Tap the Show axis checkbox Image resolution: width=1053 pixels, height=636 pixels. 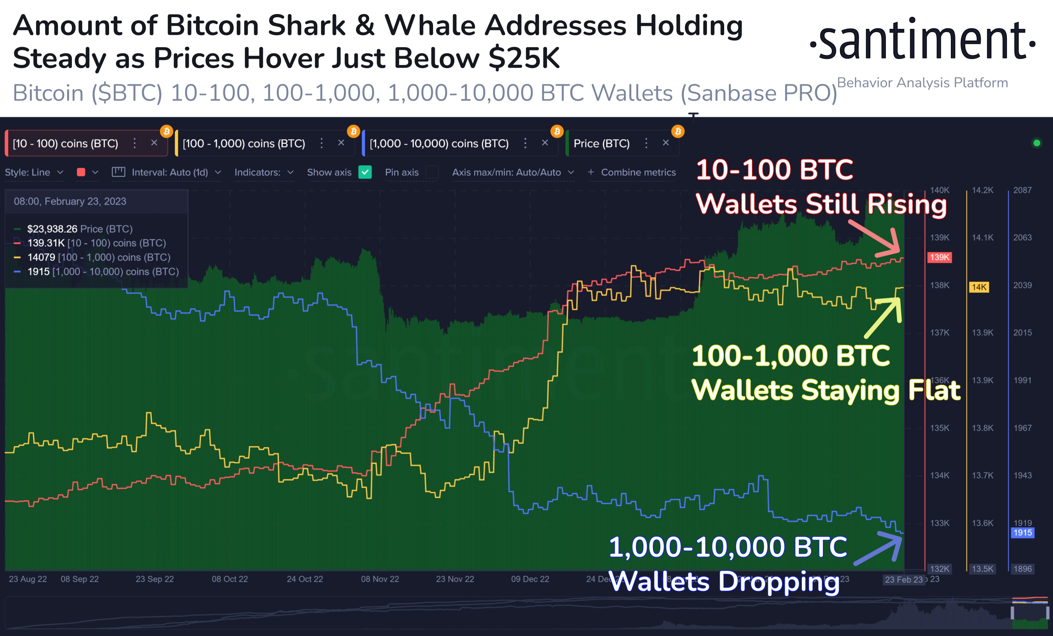click(x=365, y=172)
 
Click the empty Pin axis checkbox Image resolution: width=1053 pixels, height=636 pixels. click(x=432, y=172)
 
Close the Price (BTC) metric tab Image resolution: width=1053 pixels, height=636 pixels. click(x=665, y=143)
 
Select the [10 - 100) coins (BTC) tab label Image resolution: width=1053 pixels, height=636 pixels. click(x=65, y=143)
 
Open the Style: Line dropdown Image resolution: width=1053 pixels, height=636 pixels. click(x=34, y=172)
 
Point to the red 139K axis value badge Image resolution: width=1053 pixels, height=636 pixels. click(x=939, y=257)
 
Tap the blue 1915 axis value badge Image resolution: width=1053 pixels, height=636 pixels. click(x=1022, y=532)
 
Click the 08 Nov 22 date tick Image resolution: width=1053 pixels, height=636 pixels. click(x=379, y=579)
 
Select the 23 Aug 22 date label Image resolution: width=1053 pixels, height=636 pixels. click(x=28, y=579)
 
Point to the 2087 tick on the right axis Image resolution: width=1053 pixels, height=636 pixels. click(x=1022, y=190)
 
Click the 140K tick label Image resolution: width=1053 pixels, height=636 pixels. click(x=939, y=190)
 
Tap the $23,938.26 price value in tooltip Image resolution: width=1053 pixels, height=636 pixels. click(x=52, y=229)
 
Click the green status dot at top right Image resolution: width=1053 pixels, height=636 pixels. click(x=1036, y=143)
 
